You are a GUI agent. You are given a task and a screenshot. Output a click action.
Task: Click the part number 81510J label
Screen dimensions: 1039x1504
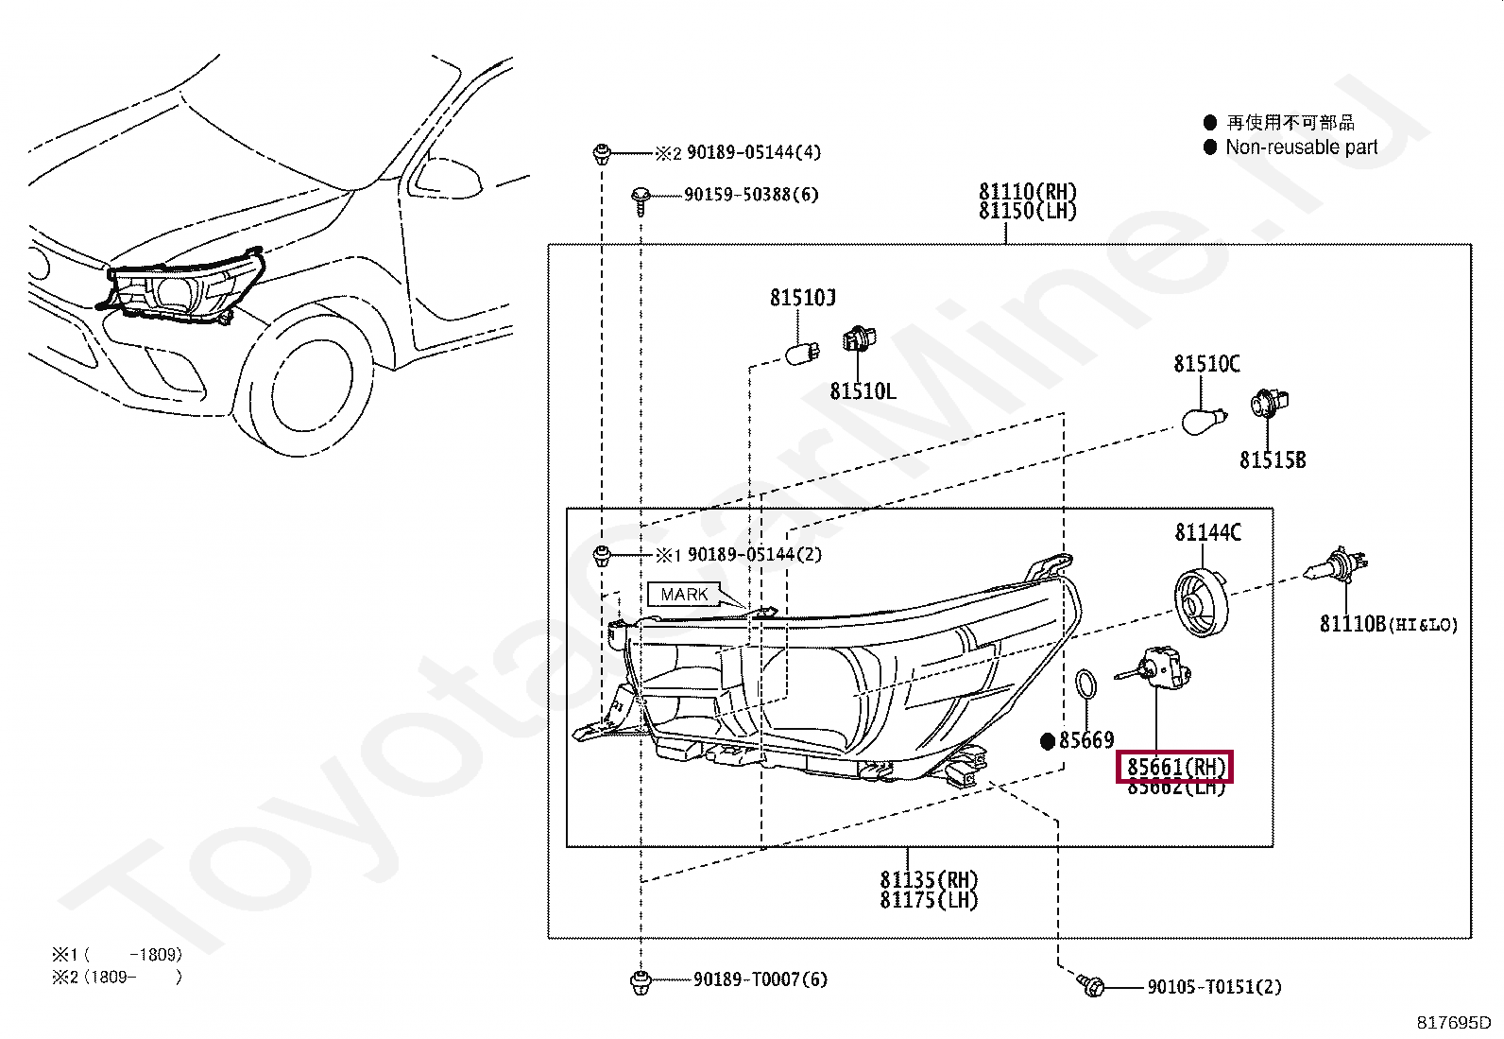[802, 298]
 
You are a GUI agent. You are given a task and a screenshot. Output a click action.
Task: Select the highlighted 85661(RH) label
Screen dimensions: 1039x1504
[1175, 767]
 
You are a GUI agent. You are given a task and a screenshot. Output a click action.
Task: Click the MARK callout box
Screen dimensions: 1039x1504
[684, 595]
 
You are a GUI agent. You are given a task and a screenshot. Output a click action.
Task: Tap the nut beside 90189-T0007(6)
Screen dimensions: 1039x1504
[640, 981]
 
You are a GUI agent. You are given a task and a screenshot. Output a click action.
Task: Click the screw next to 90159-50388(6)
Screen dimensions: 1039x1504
[641, 197]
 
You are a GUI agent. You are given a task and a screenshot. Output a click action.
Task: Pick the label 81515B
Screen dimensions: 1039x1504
[1272, 460]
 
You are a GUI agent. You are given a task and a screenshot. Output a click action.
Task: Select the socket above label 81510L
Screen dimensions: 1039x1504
[857, 338]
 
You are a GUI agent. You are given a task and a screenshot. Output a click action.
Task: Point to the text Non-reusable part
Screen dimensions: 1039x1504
[1301, 147]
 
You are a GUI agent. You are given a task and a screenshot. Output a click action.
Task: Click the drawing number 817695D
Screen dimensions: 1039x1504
[1453, 1023]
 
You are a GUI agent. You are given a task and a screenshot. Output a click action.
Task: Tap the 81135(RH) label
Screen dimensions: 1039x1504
[929, 880]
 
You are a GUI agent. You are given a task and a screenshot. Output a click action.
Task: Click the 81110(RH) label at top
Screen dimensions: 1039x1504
[1027, 192]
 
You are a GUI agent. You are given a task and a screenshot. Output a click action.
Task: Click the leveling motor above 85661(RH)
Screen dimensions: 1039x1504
[1161, 667]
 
